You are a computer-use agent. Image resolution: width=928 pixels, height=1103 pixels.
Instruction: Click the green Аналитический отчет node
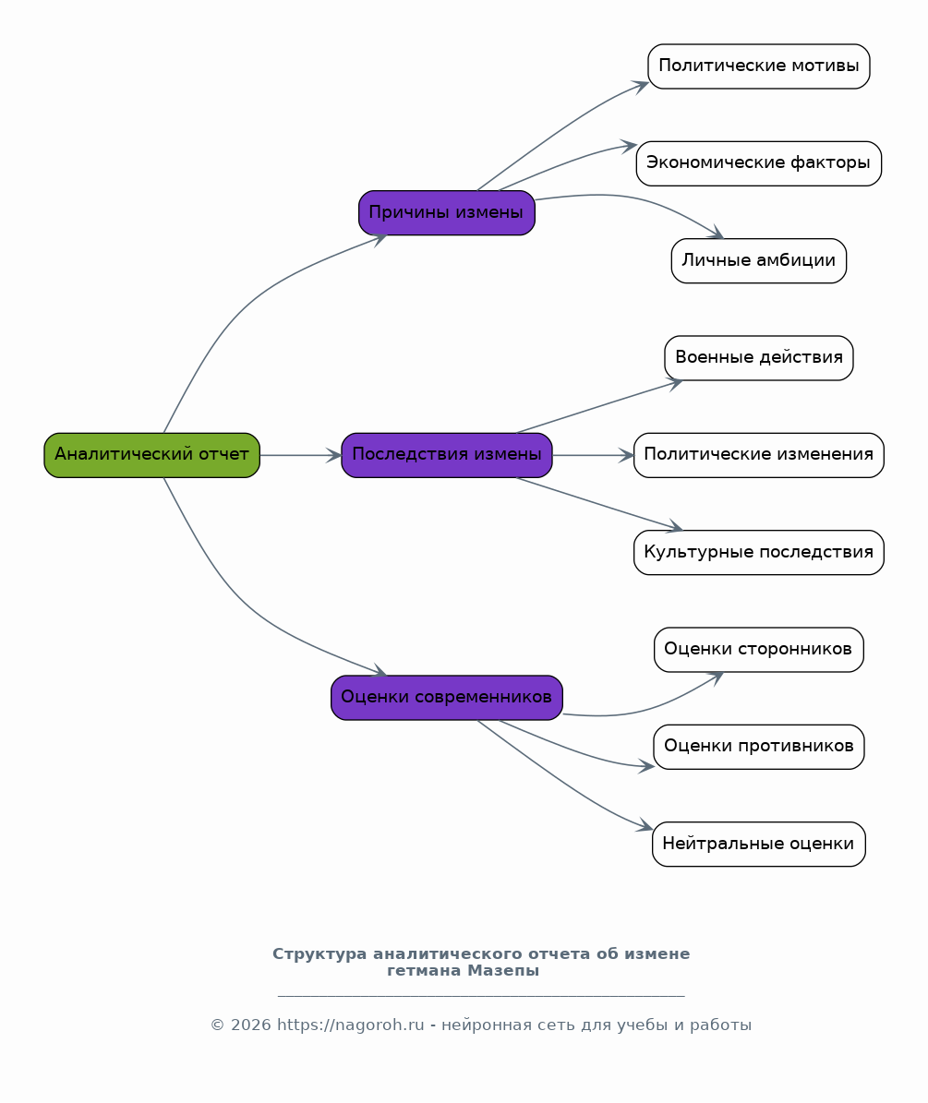[x=152, y=455]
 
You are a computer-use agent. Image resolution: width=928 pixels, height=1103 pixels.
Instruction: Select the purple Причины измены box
[x=447, y=212]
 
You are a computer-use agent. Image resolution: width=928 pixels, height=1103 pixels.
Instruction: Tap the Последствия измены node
[x=447, y=455]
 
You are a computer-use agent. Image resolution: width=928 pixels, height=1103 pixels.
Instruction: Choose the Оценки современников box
[x=447, y=698]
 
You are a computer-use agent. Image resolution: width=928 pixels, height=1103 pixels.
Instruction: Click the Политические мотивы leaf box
[x=758, y=66]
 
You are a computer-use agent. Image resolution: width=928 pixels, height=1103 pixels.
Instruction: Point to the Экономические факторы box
[x=758, y=163]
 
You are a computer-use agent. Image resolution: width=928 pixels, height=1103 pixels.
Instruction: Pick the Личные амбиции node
[x=758, y=261]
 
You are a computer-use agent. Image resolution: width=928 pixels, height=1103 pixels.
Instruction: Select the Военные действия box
[x=758, y=358]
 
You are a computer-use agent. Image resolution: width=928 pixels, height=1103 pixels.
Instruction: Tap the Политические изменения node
[x=758, y=455]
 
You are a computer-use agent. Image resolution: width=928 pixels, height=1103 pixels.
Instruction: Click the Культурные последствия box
[x=758, y=552]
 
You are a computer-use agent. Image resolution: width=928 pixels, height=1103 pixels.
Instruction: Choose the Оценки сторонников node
[x=758, y=649]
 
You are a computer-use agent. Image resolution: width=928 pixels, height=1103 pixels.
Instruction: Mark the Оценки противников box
[x=758, y=747]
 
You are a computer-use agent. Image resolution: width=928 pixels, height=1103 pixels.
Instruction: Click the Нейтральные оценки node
[x=758, y=845]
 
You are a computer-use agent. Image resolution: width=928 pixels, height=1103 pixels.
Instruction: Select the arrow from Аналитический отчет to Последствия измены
[x=300, y=455]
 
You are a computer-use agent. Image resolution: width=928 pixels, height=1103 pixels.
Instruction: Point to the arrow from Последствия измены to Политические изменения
[x=593, y=455]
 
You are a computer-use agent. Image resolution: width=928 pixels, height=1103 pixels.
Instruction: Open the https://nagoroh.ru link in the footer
[x=350, y=1025]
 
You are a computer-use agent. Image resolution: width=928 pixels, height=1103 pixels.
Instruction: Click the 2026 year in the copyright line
[x=250, y=1025]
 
